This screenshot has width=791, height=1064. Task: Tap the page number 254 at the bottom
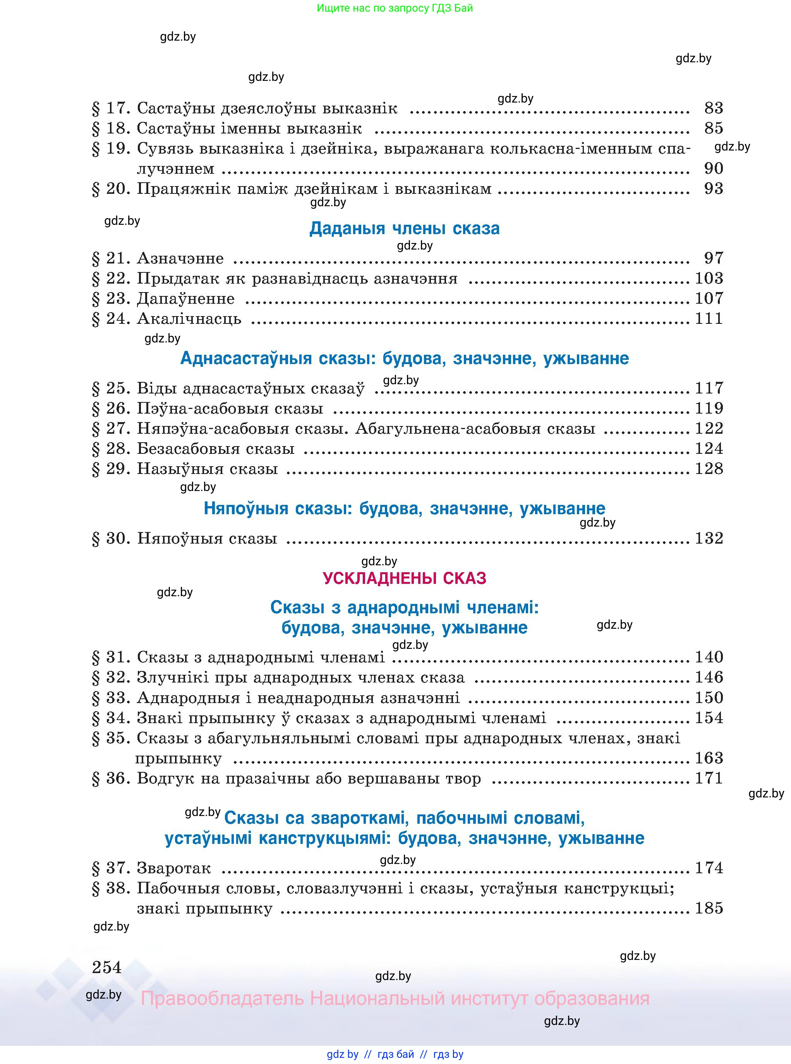tap(107, 967)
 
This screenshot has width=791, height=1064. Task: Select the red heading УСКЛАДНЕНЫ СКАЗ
tap(405, 578)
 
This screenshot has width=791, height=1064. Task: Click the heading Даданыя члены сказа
tap(405, 228)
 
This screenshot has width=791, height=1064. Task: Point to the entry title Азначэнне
tap(180, 258)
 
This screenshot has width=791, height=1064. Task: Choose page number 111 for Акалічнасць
tap(709, 319)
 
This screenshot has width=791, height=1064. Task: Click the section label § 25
tap(111, 388)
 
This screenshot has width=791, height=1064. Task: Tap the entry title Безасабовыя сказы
tap(216, 449)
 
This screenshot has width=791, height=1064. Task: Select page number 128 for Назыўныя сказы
tap(709, 469)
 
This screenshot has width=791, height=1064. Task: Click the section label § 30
tap(111, 539)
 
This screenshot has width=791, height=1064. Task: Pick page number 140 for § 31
tap(709, 657)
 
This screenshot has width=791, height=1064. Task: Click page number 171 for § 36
tap(709, 778)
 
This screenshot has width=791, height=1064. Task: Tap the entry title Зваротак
tap(174, 868)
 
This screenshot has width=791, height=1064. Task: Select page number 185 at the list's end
tap(709, 908)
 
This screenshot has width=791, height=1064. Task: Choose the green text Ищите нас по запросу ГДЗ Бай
tap(395, 8)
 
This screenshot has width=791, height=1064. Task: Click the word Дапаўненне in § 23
tap(186, 299)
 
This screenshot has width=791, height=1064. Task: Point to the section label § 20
tap(111, 189)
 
